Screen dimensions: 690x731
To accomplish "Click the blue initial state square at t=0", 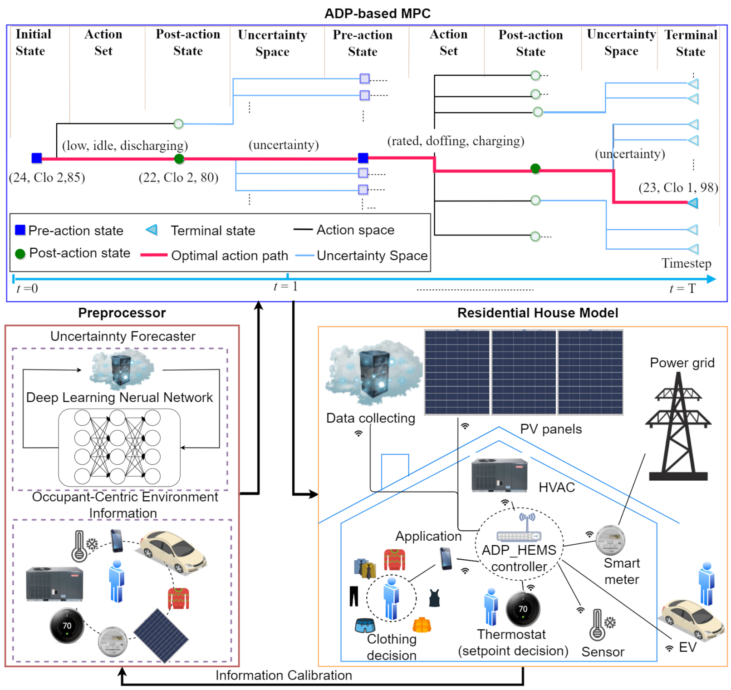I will coord(37,158).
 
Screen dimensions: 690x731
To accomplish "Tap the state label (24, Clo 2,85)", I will coord(47,177).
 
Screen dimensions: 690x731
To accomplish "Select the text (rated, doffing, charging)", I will coord(456,141).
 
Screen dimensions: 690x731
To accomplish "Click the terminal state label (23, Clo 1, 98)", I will coord(678,187).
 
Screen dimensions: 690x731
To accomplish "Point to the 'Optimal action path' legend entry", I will coord(229,256).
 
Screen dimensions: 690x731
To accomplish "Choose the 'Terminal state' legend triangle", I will coord(152,230).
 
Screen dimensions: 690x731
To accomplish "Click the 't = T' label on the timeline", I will coord(682,289).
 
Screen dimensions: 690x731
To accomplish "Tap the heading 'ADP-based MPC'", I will coord(377,14).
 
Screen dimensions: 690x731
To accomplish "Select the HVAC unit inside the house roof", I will coord(499,475).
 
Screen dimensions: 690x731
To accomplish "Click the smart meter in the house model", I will coord(610,540).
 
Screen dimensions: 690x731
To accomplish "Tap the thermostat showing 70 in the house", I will coord(523,609).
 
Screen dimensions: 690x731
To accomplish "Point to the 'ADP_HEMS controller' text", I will coord(519,558).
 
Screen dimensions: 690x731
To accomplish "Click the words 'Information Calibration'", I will coord(284,675).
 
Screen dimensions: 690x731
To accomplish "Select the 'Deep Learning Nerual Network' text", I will coord(119,398).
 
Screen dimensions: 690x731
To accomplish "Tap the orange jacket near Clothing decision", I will coord(422,625).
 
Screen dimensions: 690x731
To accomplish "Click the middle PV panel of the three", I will coord(524,372).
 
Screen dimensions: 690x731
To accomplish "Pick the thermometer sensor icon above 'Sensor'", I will coord(597,625).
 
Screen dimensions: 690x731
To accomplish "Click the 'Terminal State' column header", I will coord(690,43).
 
